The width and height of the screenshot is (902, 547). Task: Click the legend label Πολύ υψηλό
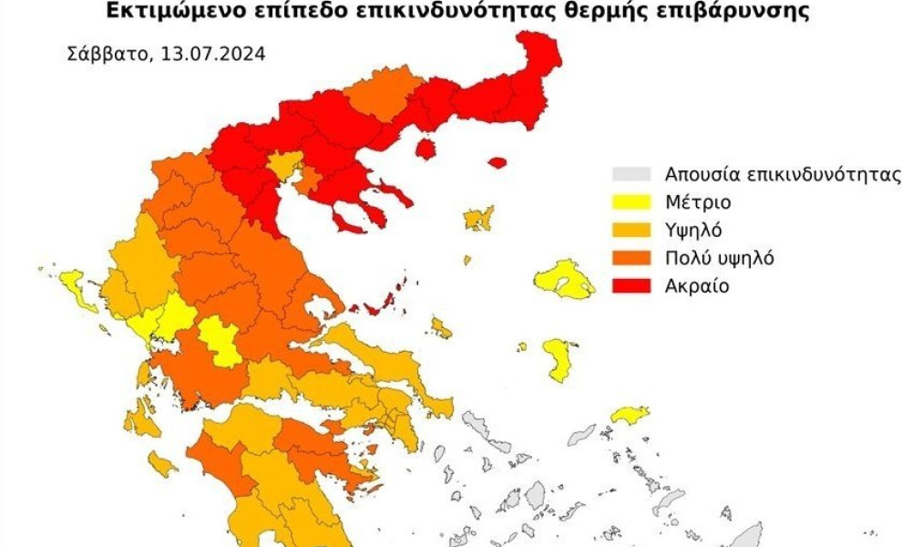(719, 258)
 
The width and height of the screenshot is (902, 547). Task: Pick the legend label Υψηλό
(693, 230)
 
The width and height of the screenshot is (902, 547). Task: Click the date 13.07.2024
(213, 53)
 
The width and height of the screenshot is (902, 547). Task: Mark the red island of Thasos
(425, 148)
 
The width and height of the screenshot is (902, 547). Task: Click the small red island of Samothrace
(497, 163)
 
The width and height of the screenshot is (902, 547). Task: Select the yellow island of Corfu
(78, 289)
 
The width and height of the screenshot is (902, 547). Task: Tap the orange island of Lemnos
(477, 218)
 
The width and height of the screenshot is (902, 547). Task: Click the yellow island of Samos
(630, 416)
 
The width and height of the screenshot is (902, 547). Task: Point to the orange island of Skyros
(441, 327)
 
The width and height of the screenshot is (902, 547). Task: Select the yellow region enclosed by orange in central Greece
(219, 342)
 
